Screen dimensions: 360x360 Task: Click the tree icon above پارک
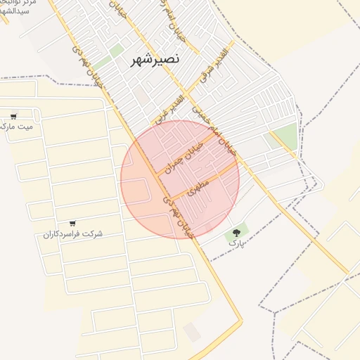click(236, 232)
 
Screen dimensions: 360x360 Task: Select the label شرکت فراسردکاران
click(72, 233)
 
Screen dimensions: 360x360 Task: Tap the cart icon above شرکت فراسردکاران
click(72, 224)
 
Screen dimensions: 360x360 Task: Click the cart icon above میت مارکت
click(13, 117)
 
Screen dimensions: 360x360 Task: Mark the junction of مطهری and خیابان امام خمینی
click(238, 168)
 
